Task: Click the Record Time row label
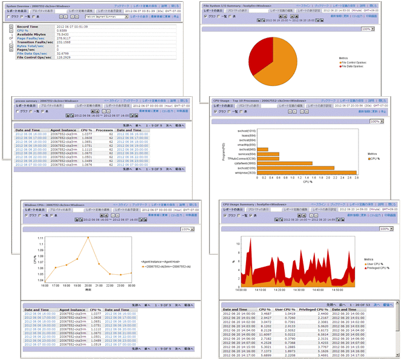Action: point(28,26)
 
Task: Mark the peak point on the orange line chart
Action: point(89,238)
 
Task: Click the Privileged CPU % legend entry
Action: point(377,267)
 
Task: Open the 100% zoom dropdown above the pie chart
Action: point(367,28)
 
